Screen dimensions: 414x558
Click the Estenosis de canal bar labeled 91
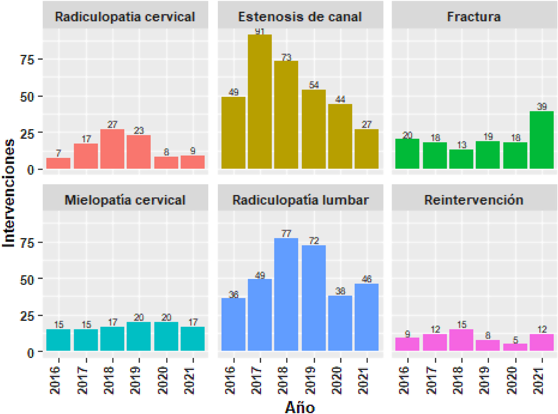[x=260, y=101]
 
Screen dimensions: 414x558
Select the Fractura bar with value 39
[x=541, y=140]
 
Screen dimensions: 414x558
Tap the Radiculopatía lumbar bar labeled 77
[x=286, y=294]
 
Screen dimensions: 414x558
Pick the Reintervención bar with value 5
[x=515, y=347]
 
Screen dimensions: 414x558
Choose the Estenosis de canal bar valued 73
[x=286, y=115]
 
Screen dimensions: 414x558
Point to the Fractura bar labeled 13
[x=461, y=159]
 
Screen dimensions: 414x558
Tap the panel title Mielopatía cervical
[x=125, y=200]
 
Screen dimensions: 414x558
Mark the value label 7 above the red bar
[x=58, y=153]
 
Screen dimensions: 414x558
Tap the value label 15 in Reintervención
[x=462, y=325]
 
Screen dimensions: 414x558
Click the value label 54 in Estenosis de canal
[x=314, y=85]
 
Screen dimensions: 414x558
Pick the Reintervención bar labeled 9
[x=407, y=344]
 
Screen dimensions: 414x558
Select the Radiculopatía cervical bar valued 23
[x=138, y=152]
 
